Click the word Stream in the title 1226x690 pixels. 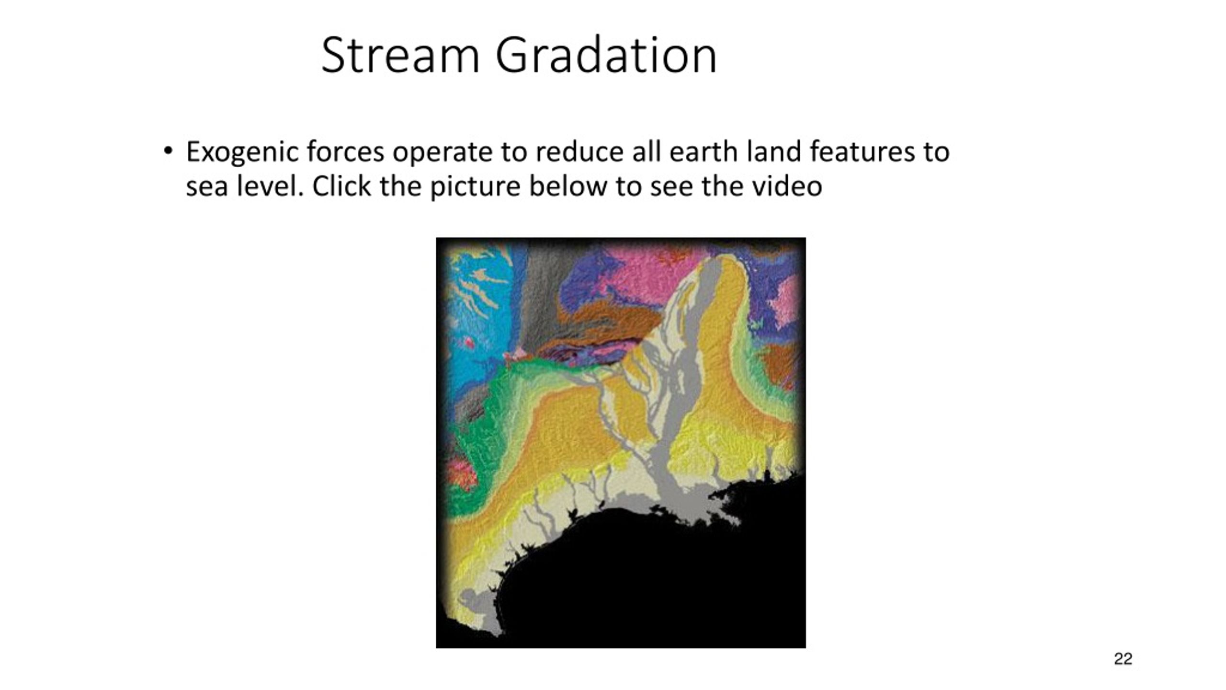400,56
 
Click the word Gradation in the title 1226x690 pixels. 606,56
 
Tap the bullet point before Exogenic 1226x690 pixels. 167,151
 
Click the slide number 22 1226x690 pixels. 1123,659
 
